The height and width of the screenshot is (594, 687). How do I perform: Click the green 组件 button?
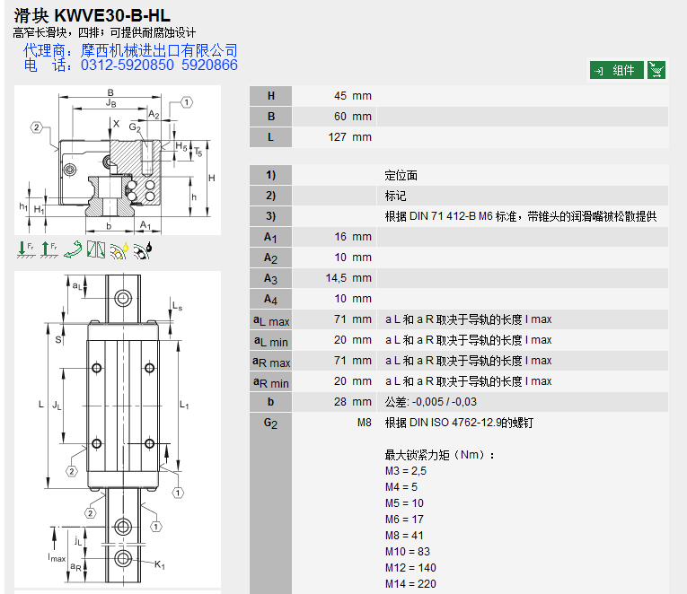(616, 71)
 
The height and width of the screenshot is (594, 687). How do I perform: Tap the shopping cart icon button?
(656, 71)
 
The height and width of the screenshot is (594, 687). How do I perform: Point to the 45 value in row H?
(340, 96)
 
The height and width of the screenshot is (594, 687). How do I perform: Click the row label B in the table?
(270, 117)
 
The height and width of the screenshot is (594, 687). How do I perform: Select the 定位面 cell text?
(401, 175)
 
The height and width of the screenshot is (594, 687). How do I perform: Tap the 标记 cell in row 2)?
(396, 196)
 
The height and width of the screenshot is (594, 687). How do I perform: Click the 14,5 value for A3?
(336, 278)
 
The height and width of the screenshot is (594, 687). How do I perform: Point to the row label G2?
(270, 424)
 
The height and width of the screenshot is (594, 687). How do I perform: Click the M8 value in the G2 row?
(364, 423)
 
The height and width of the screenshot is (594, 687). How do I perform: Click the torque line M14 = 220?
(410, 584)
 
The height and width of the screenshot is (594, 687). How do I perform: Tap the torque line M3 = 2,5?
(405, 471)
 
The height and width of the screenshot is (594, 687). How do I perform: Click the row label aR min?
(270, 382)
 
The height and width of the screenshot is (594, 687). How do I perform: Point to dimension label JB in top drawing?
(110, 103)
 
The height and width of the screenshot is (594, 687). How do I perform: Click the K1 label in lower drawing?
(160, 564)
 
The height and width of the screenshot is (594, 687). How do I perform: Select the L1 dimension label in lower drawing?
(184, 405)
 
